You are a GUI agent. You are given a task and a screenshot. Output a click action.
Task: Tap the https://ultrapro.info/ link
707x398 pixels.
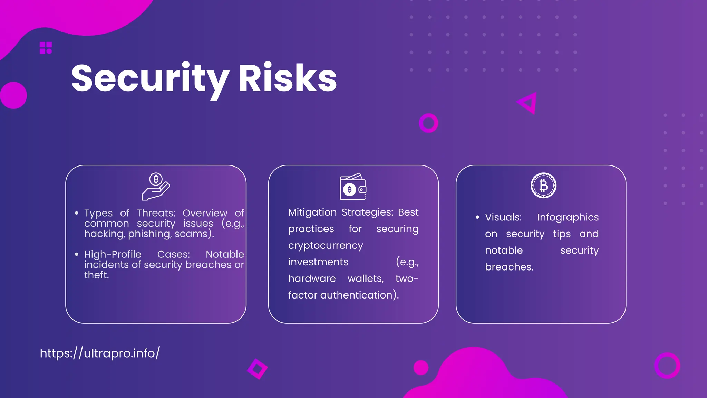[100, 353]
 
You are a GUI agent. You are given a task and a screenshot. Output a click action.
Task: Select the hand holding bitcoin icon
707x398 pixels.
[156, 187]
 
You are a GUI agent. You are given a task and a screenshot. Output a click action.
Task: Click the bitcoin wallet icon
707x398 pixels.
[353, 187]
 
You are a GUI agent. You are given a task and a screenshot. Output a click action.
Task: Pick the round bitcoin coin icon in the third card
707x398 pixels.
[543, 186]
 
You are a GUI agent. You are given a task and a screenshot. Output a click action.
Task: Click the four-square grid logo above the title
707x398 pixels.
[46, 48]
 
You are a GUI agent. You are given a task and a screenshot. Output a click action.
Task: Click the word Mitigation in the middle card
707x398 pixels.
[312, 212]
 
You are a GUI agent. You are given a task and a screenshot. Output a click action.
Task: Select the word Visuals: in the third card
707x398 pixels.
[503, 217]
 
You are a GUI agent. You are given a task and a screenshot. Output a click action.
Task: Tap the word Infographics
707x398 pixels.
[568, 217]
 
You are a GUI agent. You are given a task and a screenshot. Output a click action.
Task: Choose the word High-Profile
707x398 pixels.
[113, 254]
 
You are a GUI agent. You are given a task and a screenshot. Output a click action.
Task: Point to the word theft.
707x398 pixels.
[96, 275]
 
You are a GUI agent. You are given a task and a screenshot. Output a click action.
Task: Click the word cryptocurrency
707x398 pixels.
[326, 245]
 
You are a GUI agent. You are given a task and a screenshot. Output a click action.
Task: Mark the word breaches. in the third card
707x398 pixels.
[509, 267]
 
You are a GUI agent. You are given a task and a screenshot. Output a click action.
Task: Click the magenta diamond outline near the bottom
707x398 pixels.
[258, 369]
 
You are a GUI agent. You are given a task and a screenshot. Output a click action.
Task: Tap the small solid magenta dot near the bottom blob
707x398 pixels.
[421, 368]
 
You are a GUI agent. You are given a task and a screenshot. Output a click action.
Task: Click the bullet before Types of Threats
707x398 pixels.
[77, 213]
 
